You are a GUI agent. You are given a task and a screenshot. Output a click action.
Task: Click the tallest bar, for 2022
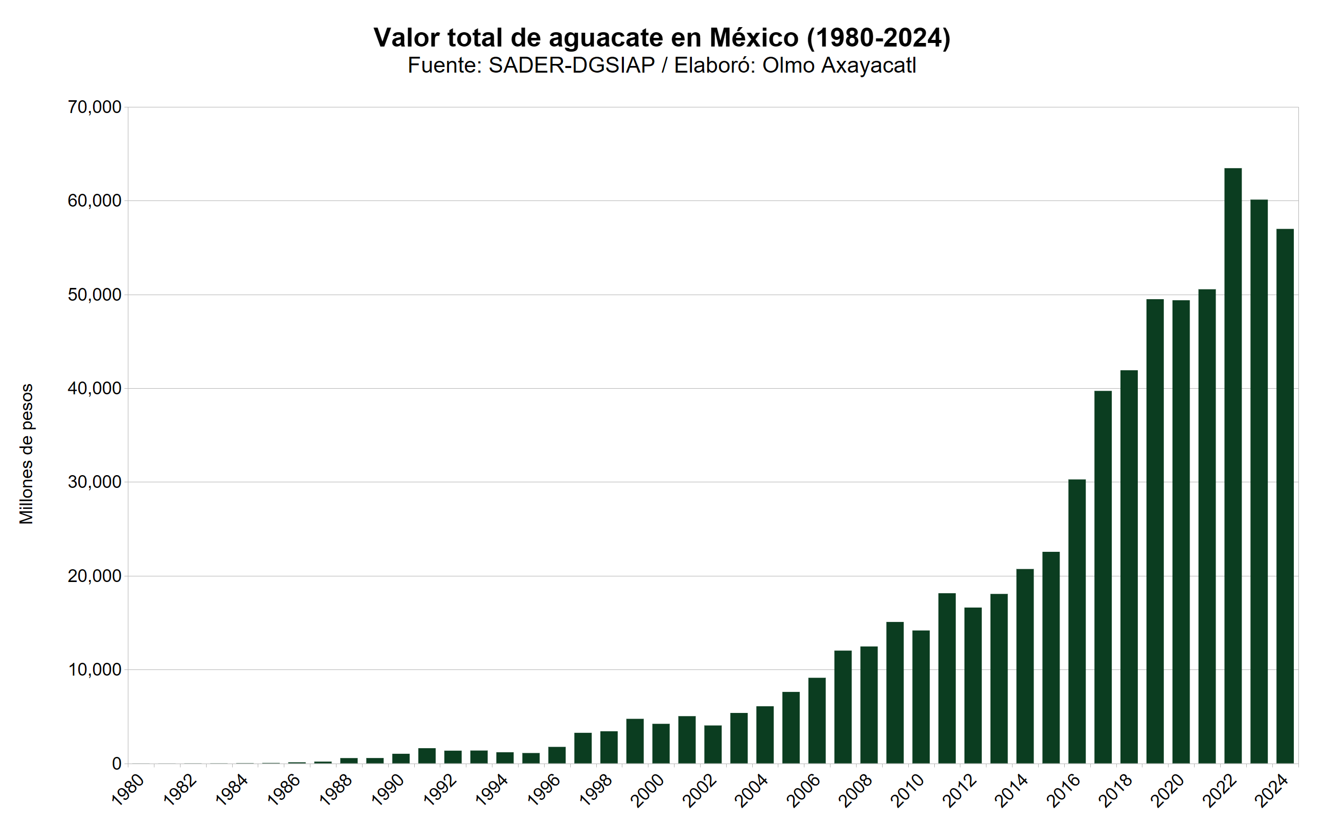[1233, 465]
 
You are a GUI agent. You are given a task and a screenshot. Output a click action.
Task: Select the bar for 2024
[1285, 496]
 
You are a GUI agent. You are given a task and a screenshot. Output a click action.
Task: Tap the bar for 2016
[1077, 621]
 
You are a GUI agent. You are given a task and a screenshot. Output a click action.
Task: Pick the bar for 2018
[1129, 566]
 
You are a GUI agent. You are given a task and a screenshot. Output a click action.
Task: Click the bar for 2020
[1181, 531]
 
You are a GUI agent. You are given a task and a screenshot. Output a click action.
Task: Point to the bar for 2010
[921, 697]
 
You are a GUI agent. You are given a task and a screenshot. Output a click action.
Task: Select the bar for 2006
[817, 720]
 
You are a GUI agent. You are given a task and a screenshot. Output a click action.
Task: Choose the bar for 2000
[661, 743]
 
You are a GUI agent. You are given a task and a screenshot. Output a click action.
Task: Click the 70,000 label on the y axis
[94, 107]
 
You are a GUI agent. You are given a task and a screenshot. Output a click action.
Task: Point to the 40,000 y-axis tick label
[94, 389]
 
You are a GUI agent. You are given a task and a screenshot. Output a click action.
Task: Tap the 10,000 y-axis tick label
[94, 670]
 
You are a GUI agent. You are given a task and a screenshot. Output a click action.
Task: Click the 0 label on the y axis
[116, 764]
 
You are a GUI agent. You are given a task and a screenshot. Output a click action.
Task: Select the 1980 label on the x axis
[129, 789]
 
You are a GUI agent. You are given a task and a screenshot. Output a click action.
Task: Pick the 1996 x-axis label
[544, 789]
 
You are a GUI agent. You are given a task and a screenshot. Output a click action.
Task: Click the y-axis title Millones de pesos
[26, 454]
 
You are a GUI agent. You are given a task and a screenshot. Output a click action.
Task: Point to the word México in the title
[754, 38]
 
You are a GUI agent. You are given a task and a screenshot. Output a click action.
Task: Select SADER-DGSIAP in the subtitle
[572, 65]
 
